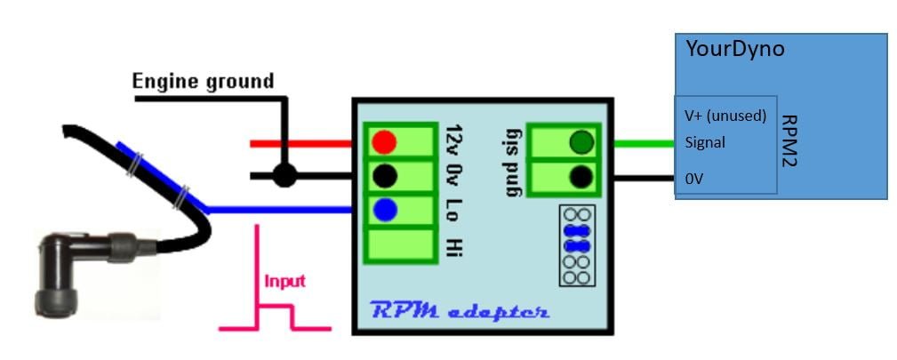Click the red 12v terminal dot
[384, 142]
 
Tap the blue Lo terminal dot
[384, 211]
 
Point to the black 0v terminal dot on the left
[384, 176]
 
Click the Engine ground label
[203, 82]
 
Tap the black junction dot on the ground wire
[284, 175]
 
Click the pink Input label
[284, 281]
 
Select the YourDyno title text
[734, 49]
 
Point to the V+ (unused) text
[725, 116]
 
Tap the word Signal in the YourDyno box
[705, 142]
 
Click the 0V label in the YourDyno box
[694, 179]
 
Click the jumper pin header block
[576, 246]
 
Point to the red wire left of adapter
[302, 142]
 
